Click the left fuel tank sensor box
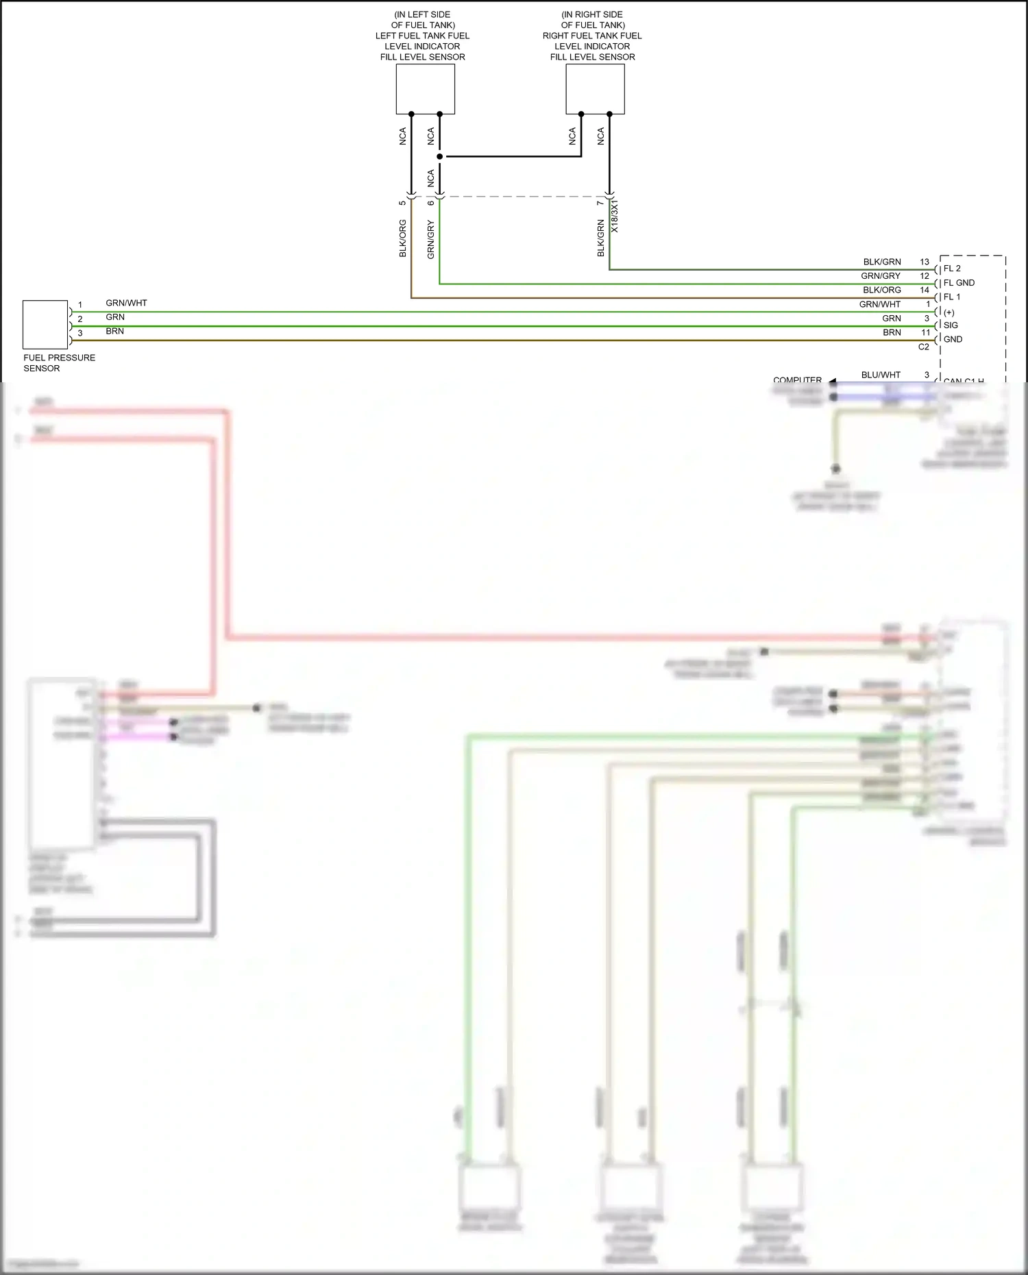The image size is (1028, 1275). tap(425, 89)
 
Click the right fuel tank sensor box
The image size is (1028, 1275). tap(595, 89)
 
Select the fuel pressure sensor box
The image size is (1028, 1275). tap(45, 325)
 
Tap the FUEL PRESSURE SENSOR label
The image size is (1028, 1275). tap(59, 362)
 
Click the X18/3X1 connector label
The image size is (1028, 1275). tap(615, 216)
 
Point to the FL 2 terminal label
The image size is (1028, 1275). tap(952, 269)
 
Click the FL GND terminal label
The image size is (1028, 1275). tap(959, 283)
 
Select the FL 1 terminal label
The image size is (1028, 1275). tap(952, 297)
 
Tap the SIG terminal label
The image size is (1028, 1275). tap(951, 325)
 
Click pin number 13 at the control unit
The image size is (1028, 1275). tap(925, 262)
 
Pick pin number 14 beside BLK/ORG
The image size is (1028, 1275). tap(925, 290)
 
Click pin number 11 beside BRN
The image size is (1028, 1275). tap(925, 332)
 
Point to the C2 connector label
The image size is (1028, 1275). tap(923, 347)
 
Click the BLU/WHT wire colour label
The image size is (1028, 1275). tap(881, 375)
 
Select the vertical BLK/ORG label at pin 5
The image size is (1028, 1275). tap(403, 238)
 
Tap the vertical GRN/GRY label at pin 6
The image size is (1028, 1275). tap(431, 239)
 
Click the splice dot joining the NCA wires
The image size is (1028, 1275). tap(439, 156)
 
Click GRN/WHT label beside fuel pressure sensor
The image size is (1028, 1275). tap(126, 303)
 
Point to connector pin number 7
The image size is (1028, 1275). tap(600, 203)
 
